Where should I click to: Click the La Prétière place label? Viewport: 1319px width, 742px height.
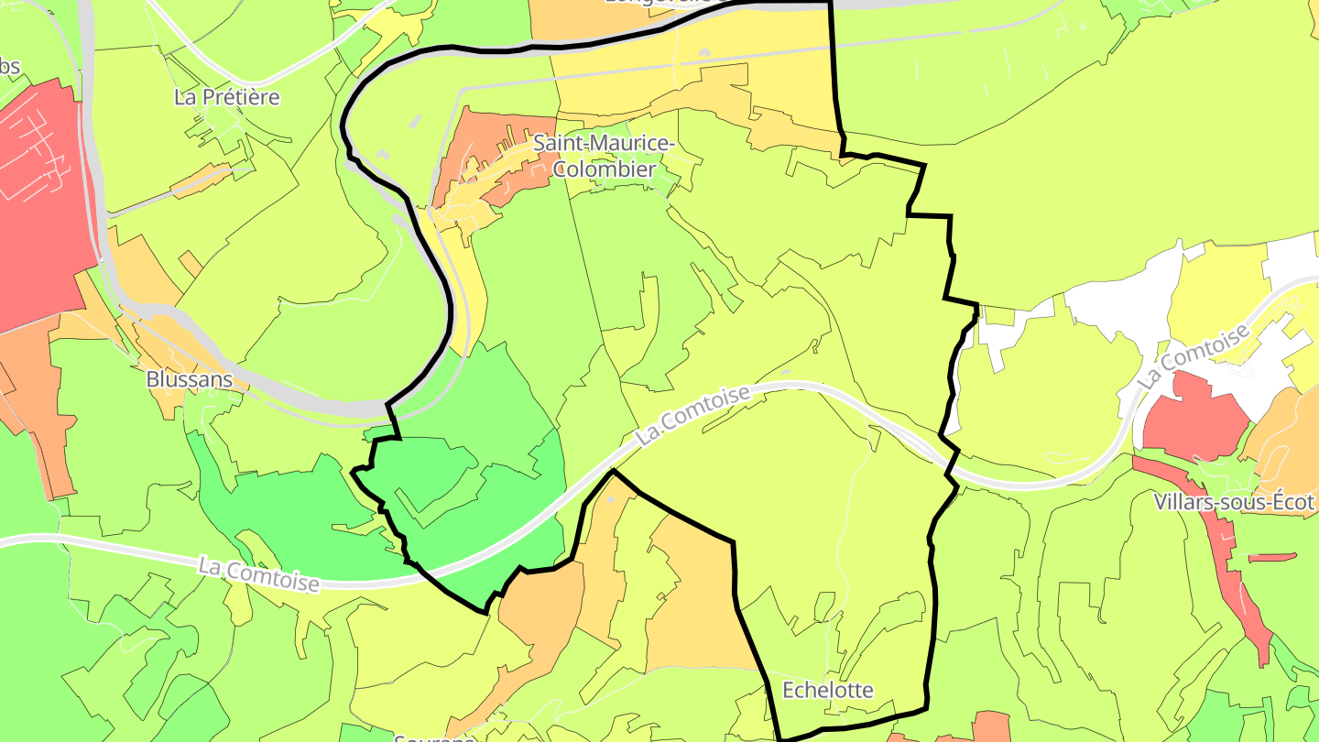[x=227, y=97]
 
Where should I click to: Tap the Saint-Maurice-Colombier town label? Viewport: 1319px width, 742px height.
[x=604, y=157]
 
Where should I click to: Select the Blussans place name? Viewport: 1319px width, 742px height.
[x=190, y=379]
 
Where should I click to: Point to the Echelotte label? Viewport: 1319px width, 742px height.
[x=828, y=690]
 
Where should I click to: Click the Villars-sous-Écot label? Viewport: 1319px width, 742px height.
[x=1234, y=502]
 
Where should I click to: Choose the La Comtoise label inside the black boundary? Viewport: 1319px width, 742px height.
[x=693, y=415]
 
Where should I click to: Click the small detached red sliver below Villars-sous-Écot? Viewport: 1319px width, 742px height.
[x=1272, y=557]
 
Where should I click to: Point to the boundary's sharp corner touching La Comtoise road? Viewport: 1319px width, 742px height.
[x=613, y=473]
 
